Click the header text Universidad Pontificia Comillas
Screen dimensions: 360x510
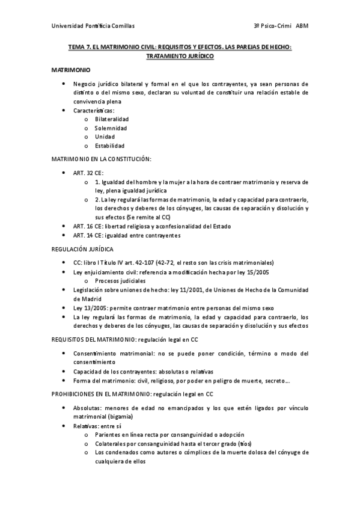[93, 26]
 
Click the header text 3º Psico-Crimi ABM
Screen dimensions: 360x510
[281, 26]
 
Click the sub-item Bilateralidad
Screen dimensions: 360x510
[111, 119]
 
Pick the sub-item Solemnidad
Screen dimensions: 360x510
[111, 128]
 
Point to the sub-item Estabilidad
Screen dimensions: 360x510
[109, 146]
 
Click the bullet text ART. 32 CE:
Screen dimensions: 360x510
[88, 173]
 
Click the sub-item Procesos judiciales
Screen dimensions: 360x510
[120, 281]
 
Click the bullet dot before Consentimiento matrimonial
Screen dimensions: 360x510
[64, 354]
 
